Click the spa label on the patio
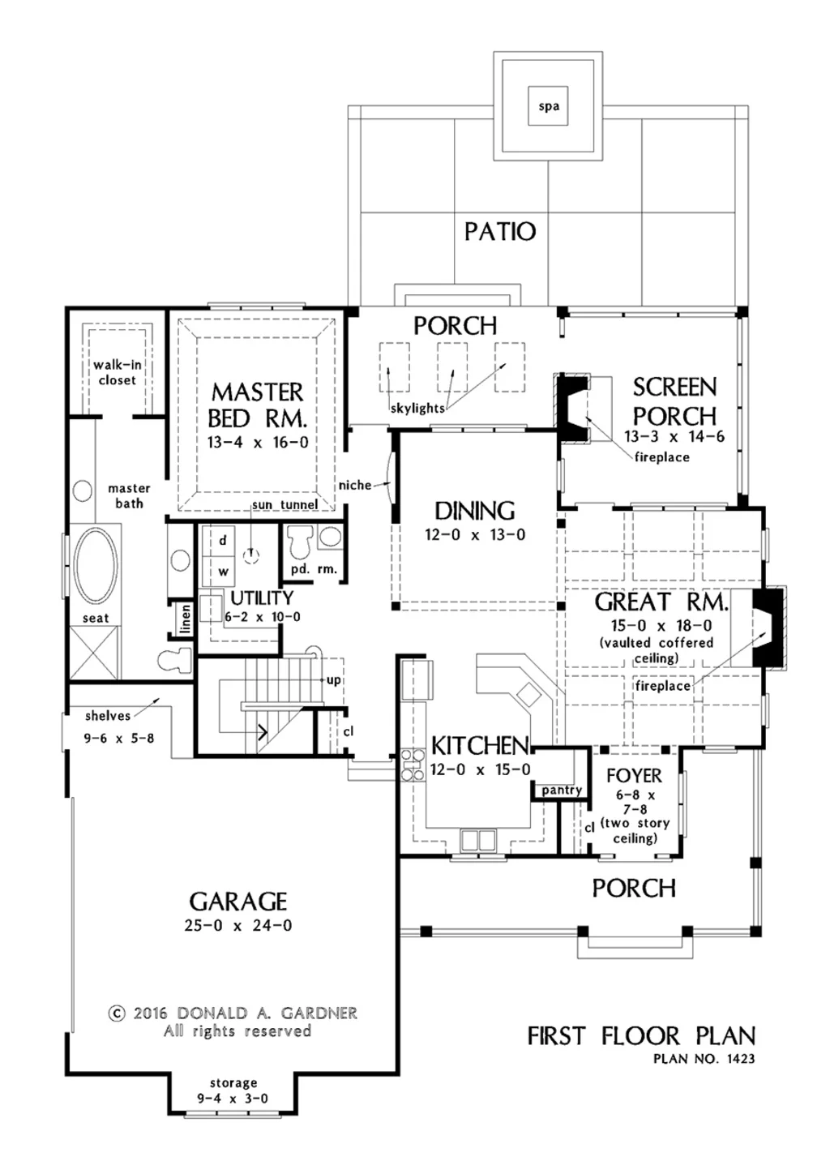click(x=549, y=106)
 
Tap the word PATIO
click(x=500, y=232)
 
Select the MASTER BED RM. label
click(x=257, y=405)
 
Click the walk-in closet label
click(x=118, y=372)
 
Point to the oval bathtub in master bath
click(x=96, y=566)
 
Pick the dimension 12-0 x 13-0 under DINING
click(x=475, y=535)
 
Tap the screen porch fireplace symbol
click(x=575, y=409)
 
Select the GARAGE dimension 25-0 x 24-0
click(x=238, y=925)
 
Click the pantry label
click(x=562, y=790)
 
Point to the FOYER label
click(x=634, y=776)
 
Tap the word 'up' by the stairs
click(x=333, y=679)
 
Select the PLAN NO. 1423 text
click(x=704, y=1058)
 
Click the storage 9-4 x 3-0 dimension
click(x=233, y=1099)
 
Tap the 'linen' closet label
click(x=186, y=619)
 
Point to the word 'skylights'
click(x=417, y=408)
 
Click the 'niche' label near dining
click(x=355, y=485)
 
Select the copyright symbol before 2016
click(x=117, y=1013)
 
